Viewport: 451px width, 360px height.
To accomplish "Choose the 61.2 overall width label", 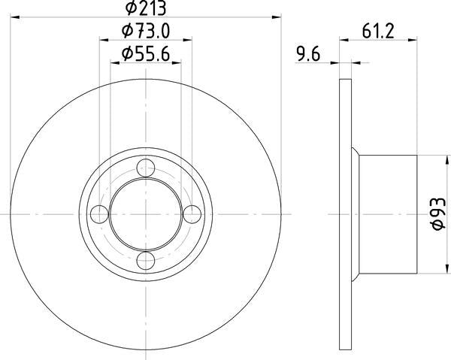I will point(379,31).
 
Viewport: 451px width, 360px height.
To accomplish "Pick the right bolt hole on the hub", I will point(192,215).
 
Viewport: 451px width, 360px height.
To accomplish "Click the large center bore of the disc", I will point(146,215).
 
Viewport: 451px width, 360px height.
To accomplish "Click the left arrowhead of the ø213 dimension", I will point(17,16).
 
